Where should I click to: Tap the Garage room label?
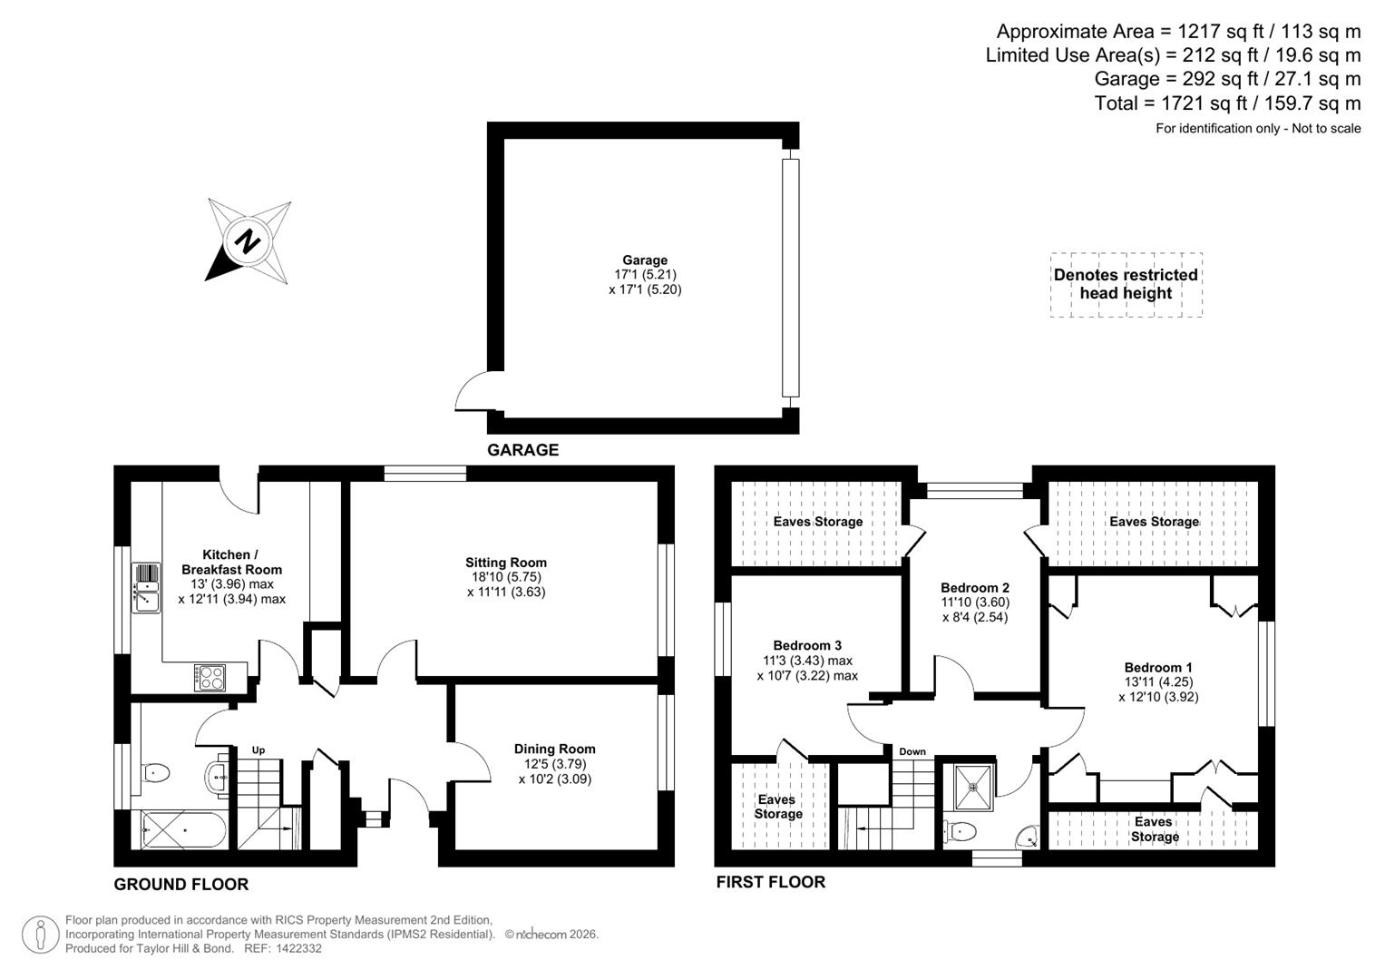645,275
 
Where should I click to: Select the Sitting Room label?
506,577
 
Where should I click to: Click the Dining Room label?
554,763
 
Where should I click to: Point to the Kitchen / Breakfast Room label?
231,576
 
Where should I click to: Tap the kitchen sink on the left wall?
145,587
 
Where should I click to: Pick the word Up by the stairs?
258,750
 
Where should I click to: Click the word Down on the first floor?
912,751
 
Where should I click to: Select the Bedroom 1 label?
1153,681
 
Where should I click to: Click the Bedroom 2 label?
975,602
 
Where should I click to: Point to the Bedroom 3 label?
807,660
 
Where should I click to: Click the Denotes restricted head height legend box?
1126,284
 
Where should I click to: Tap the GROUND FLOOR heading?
180,884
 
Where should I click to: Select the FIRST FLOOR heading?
770,882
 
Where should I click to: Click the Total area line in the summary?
1227,103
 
